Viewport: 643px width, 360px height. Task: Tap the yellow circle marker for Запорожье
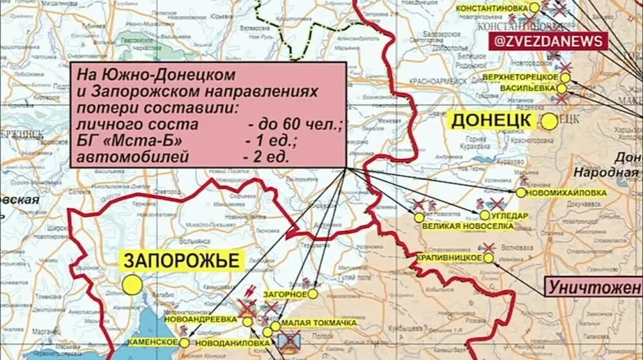[x=132, y=284]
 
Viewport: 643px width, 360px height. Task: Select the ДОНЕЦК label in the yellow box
[x=491, y=120]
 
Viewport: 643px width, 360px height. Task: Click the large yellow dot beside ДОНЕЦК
[x=549, y=122]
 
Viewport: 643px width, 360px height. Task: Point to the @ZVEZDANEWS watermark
[x=548, y=40]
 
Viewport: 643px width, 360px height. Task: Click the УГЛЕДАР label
[x=511, y=215]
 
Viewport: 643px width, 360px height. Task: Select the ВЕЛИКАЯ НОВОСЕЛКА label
[x=458, y=227]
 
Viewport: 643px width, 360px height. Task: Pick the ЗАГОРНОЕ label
[x=285, y=294]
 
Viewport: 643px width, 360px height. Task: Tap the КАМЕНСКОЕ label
[x=152, y=343]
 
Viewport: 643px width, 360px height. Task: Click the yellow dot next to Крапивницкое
[x=489, y=258]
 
